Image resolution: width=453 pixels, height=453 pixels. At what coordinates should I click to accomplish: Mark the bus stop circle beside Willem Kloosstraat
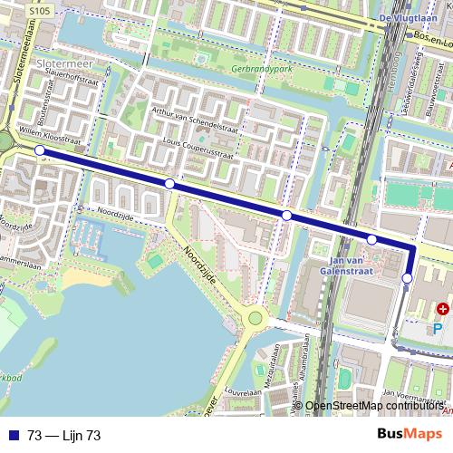pyautogui.click(x=39, y=150)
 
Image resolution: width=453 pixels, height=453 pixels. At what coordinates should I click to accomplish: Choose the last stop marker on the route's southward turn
pyautogui.click(x=408, y=277)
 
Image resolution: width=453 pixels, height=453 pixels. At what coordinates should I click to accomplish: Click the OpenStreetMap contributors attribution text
pyautogui.click(x=373, y=407)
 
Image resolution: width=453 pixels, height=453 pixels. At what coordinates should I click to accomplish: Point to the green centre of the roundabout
pyautogui.click(x=255, y=319)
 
